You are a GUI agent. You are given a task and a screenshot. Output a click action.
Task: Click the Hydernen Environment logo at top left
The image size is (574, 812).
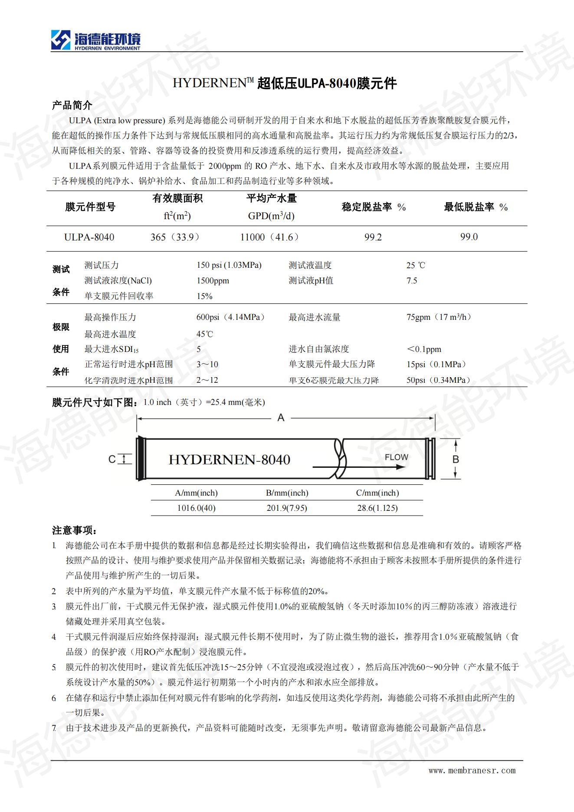[95, 40]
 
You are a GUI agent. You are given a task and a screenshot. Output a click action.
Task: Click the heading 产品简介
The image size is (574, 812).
[72, 105]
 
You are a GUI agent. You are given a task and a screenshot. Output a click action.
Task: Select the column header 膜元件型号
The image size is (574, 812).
[90, 207]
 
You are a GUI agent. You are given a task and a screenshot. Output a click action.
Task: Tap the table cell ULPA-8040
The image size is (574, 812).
[89, 237]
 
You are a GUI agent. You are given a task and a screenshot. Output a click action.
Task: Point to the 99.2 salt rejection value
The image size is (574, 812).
[373, 237]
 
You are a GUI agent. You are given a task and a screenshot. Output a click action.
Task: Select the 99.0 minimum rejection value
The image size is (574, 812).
[469, 237]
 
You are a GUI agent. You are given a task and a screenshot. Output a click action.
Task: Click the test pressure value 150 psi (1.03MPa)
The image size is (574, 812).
[229, 265]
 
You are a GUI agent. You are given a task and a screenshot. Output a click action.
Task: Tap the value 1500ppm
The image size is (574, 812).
[213, 281]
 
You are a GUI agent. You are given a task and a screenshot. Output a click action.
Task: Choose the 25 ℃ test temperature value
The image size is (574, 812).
[416, 265]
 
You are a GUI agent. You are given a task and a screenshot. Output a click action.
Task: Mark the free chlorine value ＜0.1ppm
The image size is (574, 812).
[424, 349]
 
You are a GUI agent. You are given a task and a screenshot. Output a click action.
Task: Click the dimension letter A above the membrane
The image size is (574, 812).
[281, 418]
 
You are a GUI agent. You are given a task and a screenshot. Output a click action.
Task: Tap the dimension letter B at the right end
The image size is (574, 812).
[456, 459]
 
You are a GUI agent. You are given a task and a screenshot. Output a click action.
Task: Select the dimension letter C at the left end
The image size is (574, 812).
[112, 459]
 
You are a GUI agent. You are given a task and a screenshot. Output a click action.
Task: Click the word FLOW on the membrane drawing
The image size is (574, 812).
[396, 457]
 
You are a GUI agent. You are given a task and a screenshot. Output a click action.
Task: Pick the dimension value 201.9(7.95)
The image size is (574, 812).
[287, 508]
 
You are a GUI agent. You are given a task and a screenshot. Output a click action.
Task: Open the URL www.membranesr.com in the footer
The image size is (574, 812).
[472, 771]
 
